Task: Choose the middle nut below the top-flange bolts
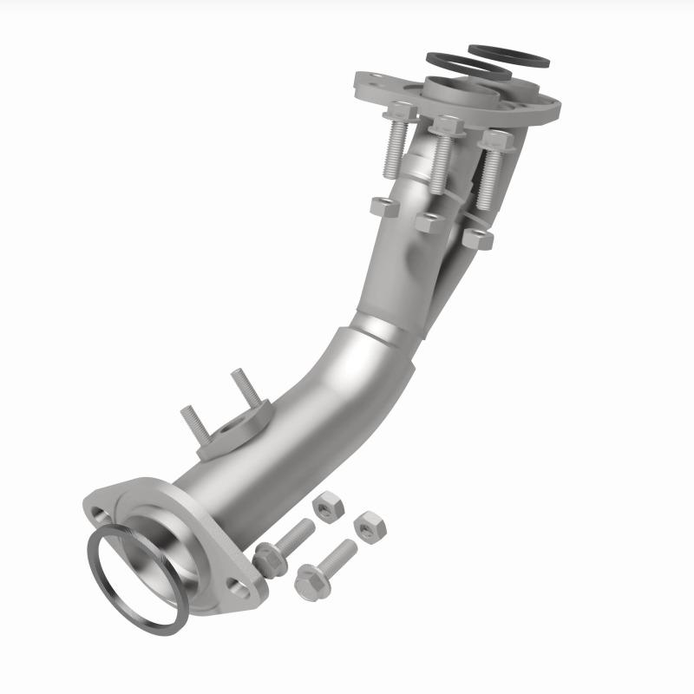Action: point(429,223)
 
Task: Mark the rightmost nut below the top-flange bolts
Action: point(477,239)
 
